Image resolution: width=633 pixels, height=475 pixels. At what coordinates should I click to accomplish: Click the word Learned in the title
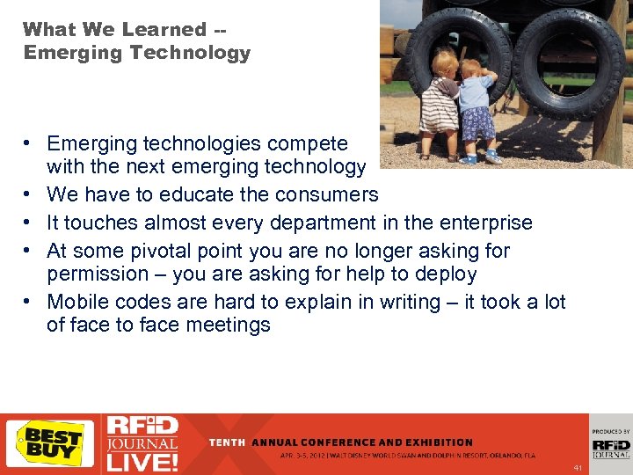coord(164,29)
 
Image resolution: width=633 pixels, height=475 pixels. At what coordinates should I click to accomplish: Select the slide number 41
coord(578,467)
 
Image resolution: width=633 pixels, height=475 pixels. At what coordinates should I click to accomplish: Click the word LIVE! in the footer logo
coord(140,460)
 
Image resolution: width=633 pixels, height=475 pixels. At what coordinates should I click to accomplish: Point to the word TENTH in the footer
coord(228,442)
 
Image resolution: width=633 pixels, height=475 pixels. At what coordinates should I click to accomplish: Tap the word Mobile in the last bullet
coord(79,302)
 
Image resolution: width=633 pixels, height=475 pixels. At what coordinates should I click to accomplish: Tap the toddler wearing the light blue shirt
coord(478,110)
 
